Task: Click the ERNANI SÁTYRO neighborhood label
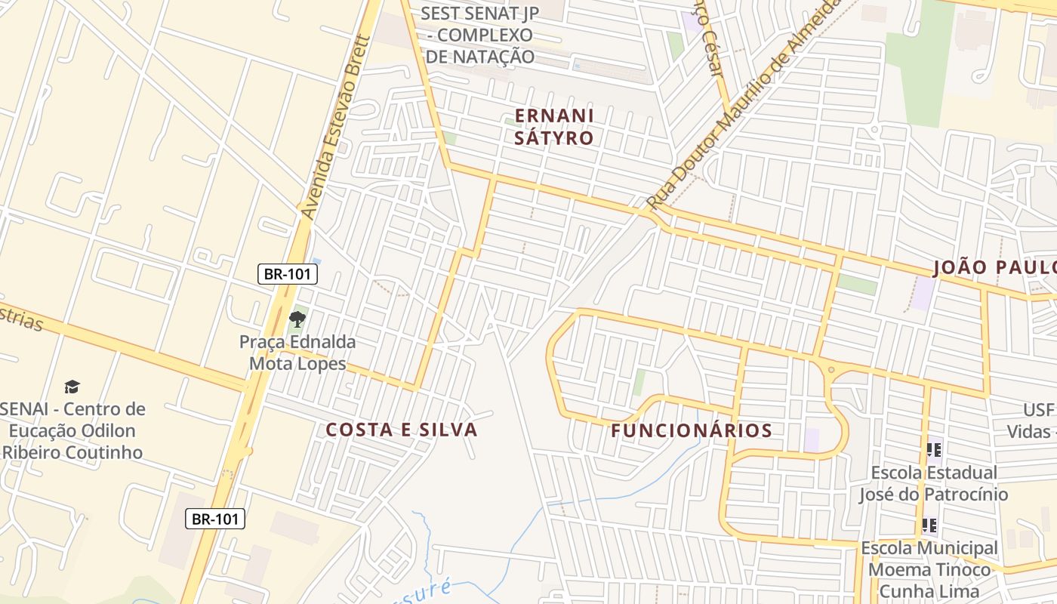(x=554, y=126)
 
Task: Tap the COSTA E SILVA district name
(x=402, y=430)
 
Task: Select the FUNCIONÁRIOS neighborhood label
(x=692, y=430)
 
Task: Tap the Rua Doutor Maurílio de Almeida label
(x=744, y=106)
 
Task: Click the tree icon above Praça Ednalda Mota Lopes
(x=297, y=319)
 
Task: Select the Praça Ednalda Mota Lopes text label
(x=297, y=353)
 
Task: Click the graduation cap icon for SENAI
(x=72, y=387)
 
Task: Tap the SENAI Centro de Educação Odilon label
(x=72, y=430)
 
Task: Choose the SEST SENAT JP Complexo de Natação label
(x=480, y=35)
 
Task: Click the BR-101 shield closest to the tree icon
(x=287, y=274)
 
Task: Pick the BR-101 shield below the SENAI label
(x=215, y=519)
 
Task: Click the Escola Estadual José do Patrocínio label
(x=933, y=483)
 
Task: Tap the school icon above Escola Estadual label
(x=934, y=450)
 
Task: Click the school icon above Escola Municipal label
(x=929, y=525)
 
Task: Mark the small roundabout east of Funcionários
(x=831, y=370)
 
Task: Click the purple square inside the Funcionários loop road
(x=812, y=439)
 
